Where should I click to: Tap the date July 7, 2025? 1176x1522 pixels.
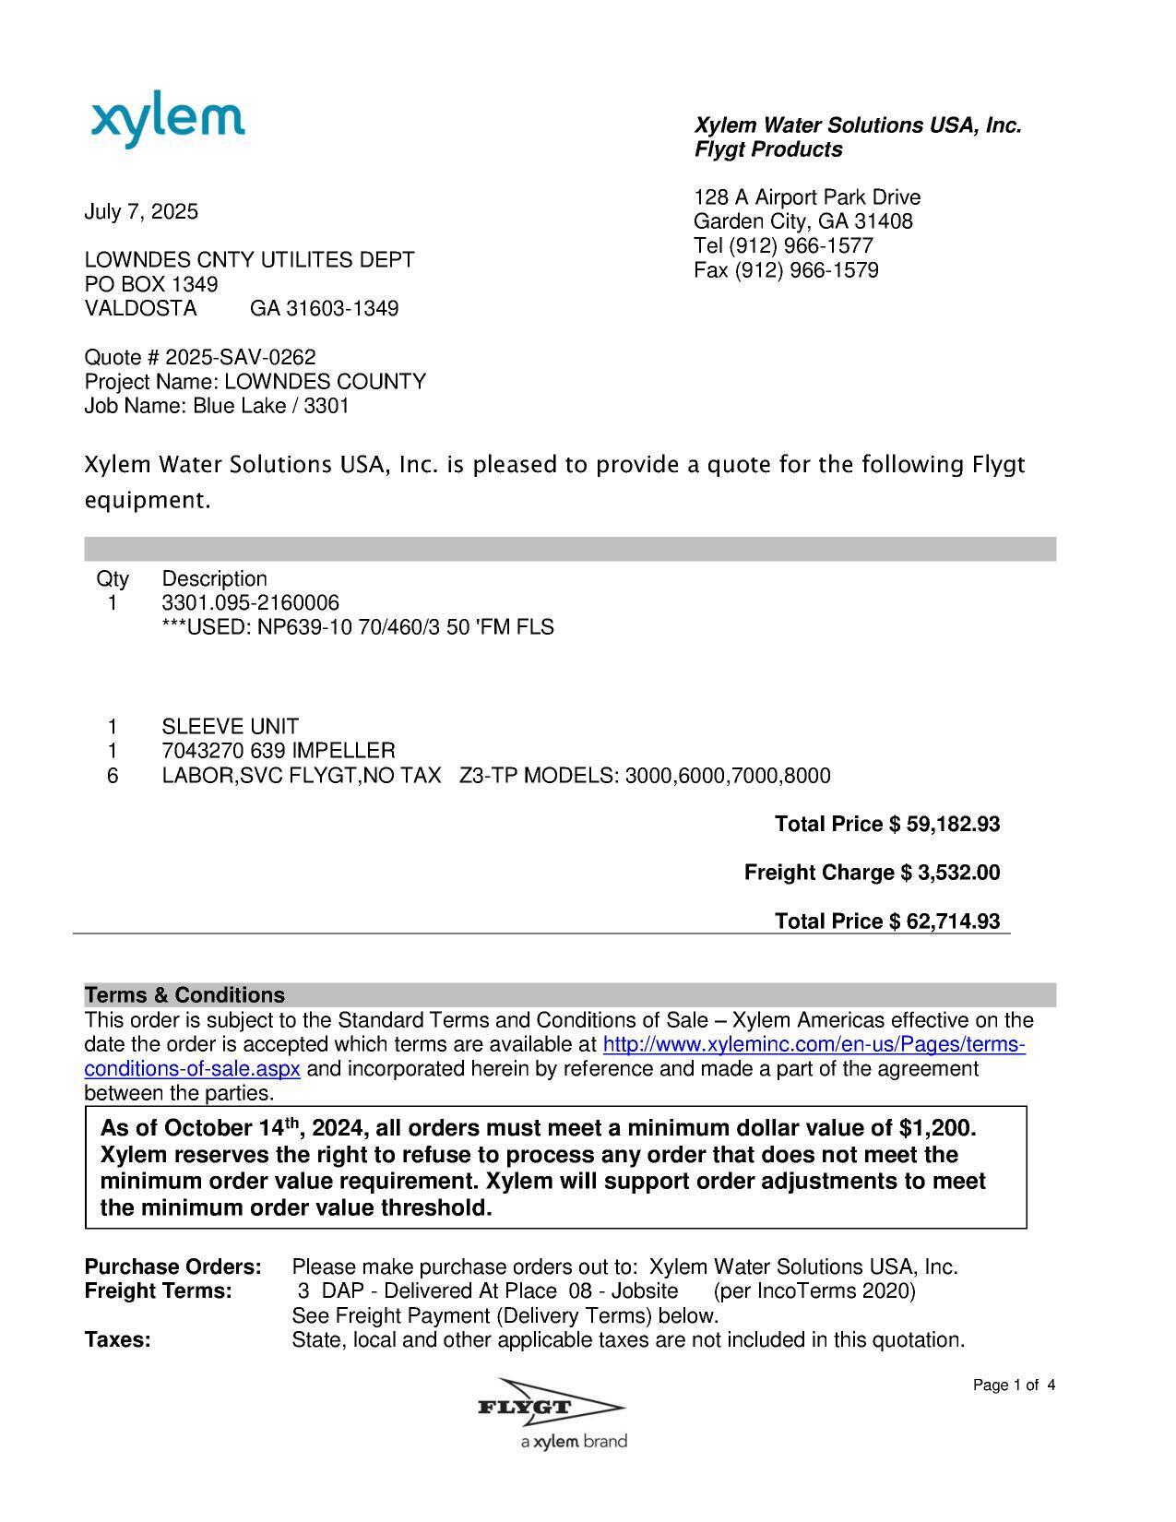(141, 212)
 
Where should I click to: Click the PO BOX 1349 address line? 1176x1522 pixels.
(151, 284)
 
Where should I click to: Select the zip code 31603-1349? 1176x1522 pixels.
(342, 308)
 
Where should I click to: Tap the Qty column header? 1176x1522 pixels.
(113, 579)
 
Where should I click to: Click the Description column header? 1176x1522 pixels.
(214, 579)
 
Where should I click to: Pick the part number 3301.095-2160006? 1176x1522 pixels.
(250, 603)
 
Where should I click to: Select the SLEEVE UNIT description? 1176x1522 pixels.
(230, 727)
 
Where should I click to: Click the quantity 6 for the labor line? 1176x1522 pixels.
(113, 776)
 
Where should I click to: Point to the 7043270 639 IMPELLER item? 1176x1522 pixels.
(278, 751)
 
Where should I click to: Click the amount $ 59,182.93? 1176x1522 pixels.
(944, 824)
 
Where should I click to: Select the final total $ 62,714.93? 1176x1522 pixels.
(944, 922)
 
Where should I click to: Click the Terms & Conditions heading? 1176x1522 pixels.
(184, 995)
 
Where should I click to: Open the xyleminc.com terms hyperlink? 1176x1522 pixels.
(813, 1045)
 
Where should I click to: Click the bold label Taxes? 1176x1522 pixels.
(117, 1340)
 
